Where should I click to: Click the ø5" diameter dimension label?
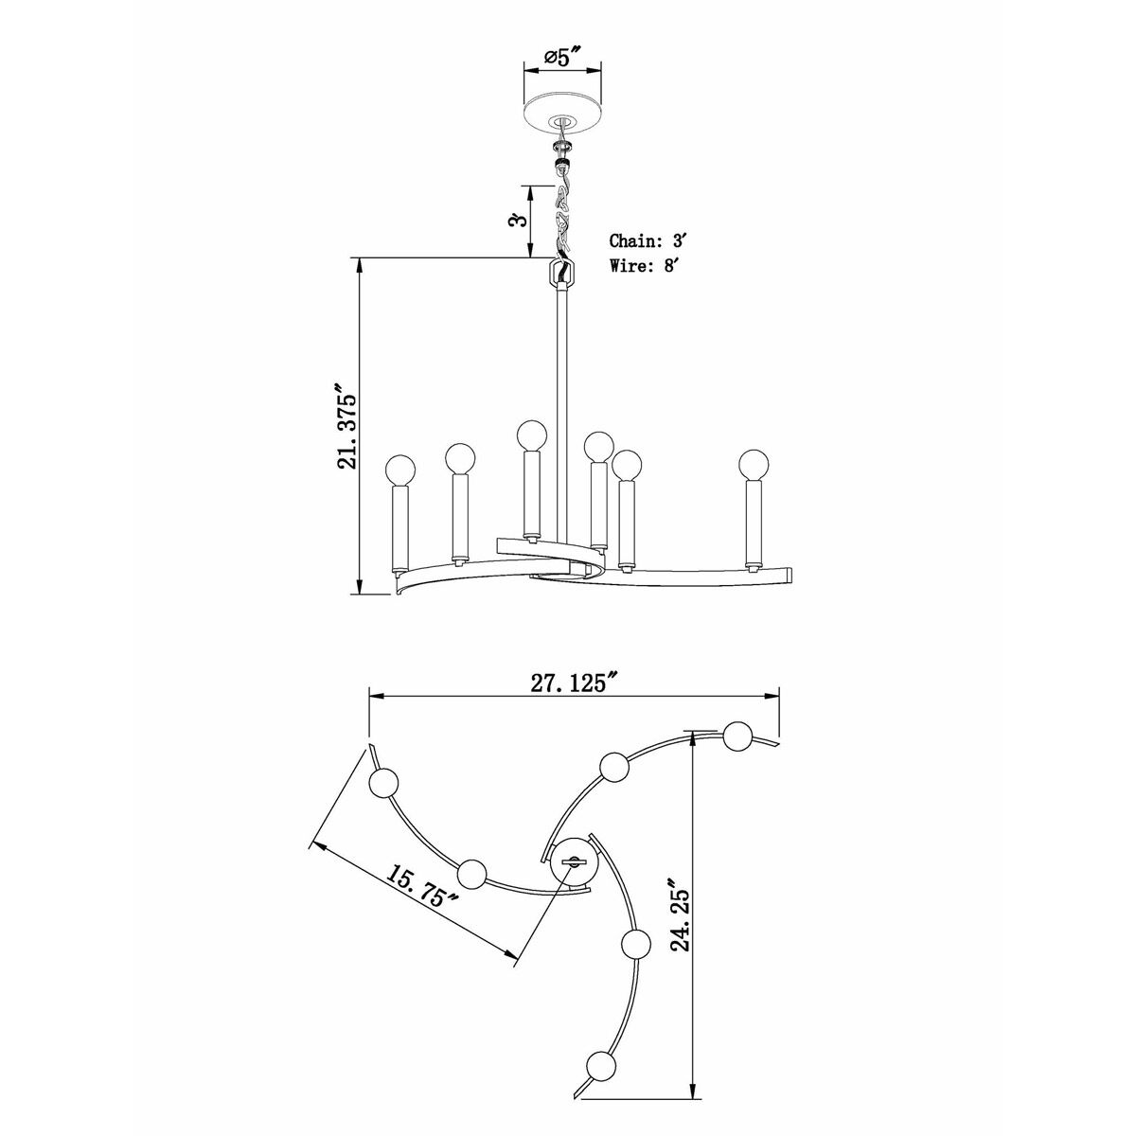pyautogui.click(x=563, y=58)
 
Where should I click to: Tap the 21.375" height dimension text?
pyautogui.click(x=347, y=427)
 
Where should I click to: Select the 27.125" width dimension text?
pyautogui.click(x=574, y=682)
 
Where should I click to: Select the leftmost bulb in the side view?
pyautogui.click(x=400, y=470)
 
